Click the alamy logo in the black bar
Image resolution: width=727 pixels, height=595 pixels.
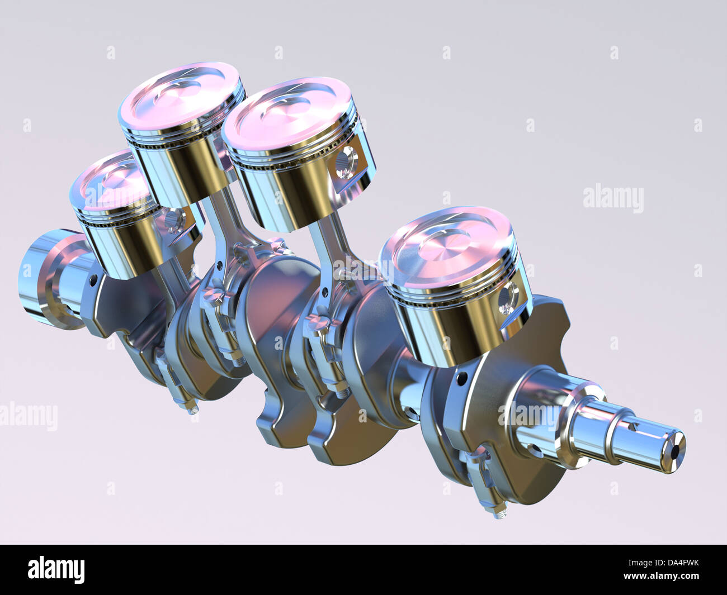tap(56, 569)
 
